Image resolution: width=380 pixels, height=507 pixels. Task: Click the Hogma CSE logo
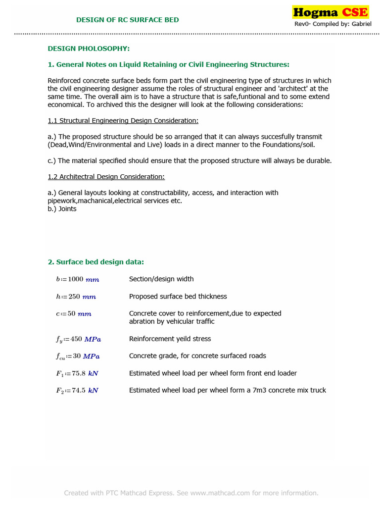pos(330,12)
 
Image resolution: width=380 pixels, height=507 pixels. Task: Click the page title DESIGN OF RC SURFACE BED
pos(127,20)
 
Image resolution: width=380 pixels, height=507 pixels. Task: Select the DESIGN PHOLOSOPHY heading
pos(89,49)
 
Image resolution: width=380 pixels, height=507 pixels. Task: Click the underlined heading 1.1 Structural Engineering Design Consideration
pos(123,121)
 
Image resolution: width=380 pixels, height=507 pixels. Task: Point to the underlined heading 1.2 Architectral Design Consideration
pos(106,177)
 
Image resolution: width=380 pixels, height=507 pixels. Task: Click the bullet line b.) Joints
pos(62,209)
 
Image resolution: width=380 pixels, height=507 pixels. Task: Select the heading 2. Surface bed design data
pos(95,262)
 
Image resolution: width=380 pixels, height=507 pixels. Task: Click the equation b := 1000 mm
pos(77,279)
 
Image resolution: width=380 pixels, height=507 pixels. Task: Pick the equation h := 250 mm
pos(76,297)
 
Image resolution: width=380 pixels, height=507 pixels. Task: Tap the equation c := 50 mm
pos(73,314)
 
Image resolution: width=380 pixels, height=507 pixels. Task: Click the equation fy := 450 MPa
pos(78,339)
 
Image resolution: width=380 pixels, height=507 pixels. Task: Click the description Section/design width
pos(161,279)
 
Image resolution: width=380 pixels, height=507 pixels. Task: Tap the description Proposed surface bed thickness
pos(178,297)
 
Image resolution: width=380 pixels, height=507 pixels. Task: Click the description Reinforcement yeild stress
pos(170,339)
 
